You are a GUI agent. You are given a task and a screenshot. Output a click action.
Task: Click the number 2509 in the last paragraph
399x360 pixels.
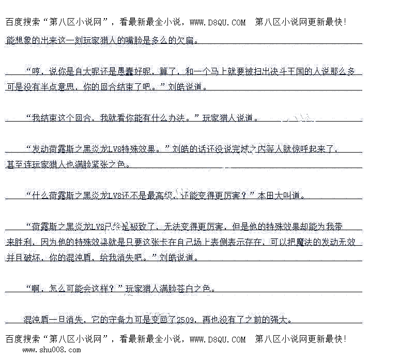185,320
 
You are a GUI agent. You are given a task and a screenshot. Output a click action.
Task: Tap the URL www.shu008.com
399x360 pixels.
51,350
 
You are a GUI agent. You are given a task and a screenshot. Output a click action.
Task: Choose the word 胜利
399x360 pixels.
14,242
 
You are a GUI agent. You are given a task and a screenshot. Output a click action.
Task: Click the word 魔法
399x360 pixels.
307,242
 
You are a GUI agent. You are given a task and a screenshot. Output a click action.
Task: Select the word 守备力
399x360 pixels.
127,320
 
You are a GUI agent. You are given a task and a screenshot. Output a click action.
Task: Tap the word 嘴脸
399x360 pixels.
129,40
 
